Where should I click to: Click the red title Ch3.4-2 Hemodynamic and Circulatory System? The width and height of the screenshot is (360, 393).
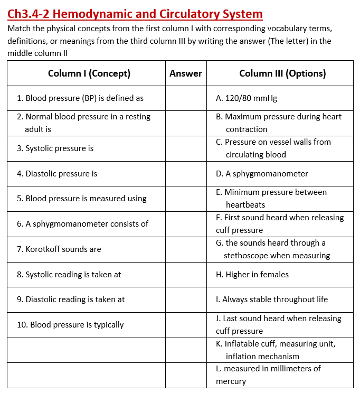click(135, 14)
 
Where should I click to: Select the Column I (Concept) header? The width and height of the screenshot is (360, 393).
click(89, 73)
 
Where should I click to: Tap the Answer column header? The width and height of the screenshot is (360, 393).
click(186, 73)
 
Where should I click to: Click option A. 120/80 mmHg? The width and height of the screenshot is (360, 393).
click(247, 98)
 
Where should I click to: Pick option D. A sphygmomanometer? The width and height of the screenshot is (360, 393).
click(262, 174)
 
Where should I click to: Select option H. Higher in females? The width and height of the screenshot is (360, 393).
click(252, 275)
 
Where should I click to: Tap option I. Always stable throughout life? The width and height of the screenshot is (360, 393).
click(272, 300)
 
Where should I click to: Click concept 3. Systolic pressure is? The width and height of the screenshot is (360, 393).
click(55, 148)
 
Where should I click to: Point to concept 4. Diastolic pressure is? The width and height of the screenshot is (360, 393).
click(57, 174)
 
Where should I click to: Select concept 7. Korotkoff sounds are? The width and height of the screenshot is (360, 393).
click(59, 249)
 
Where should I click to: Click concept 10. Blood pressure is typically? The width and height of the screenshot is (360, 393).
click(70, 325)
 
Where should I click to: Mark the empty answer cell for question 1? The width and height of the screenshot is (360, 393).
click(186, 98)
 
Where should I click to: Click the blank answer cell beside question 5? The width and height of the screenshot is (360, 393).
click(186, 199)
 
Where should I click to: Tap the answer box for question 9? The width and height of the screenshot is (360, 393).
click(186, 300)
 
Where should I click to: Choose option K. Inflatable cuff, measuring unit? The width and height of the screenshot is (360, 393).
click(276, 344)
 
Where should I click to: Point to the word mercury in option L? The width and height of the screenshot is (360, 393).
click(231, 381)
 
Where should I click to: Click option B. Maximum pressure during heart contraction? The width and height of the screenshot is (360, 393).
click(279, 117)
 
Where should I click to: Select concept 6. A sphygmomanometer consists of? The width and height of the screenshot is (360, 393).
click(82, 224)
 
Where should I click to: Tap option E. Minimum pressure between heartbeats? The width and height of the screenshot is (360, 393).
click(271, 192)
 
